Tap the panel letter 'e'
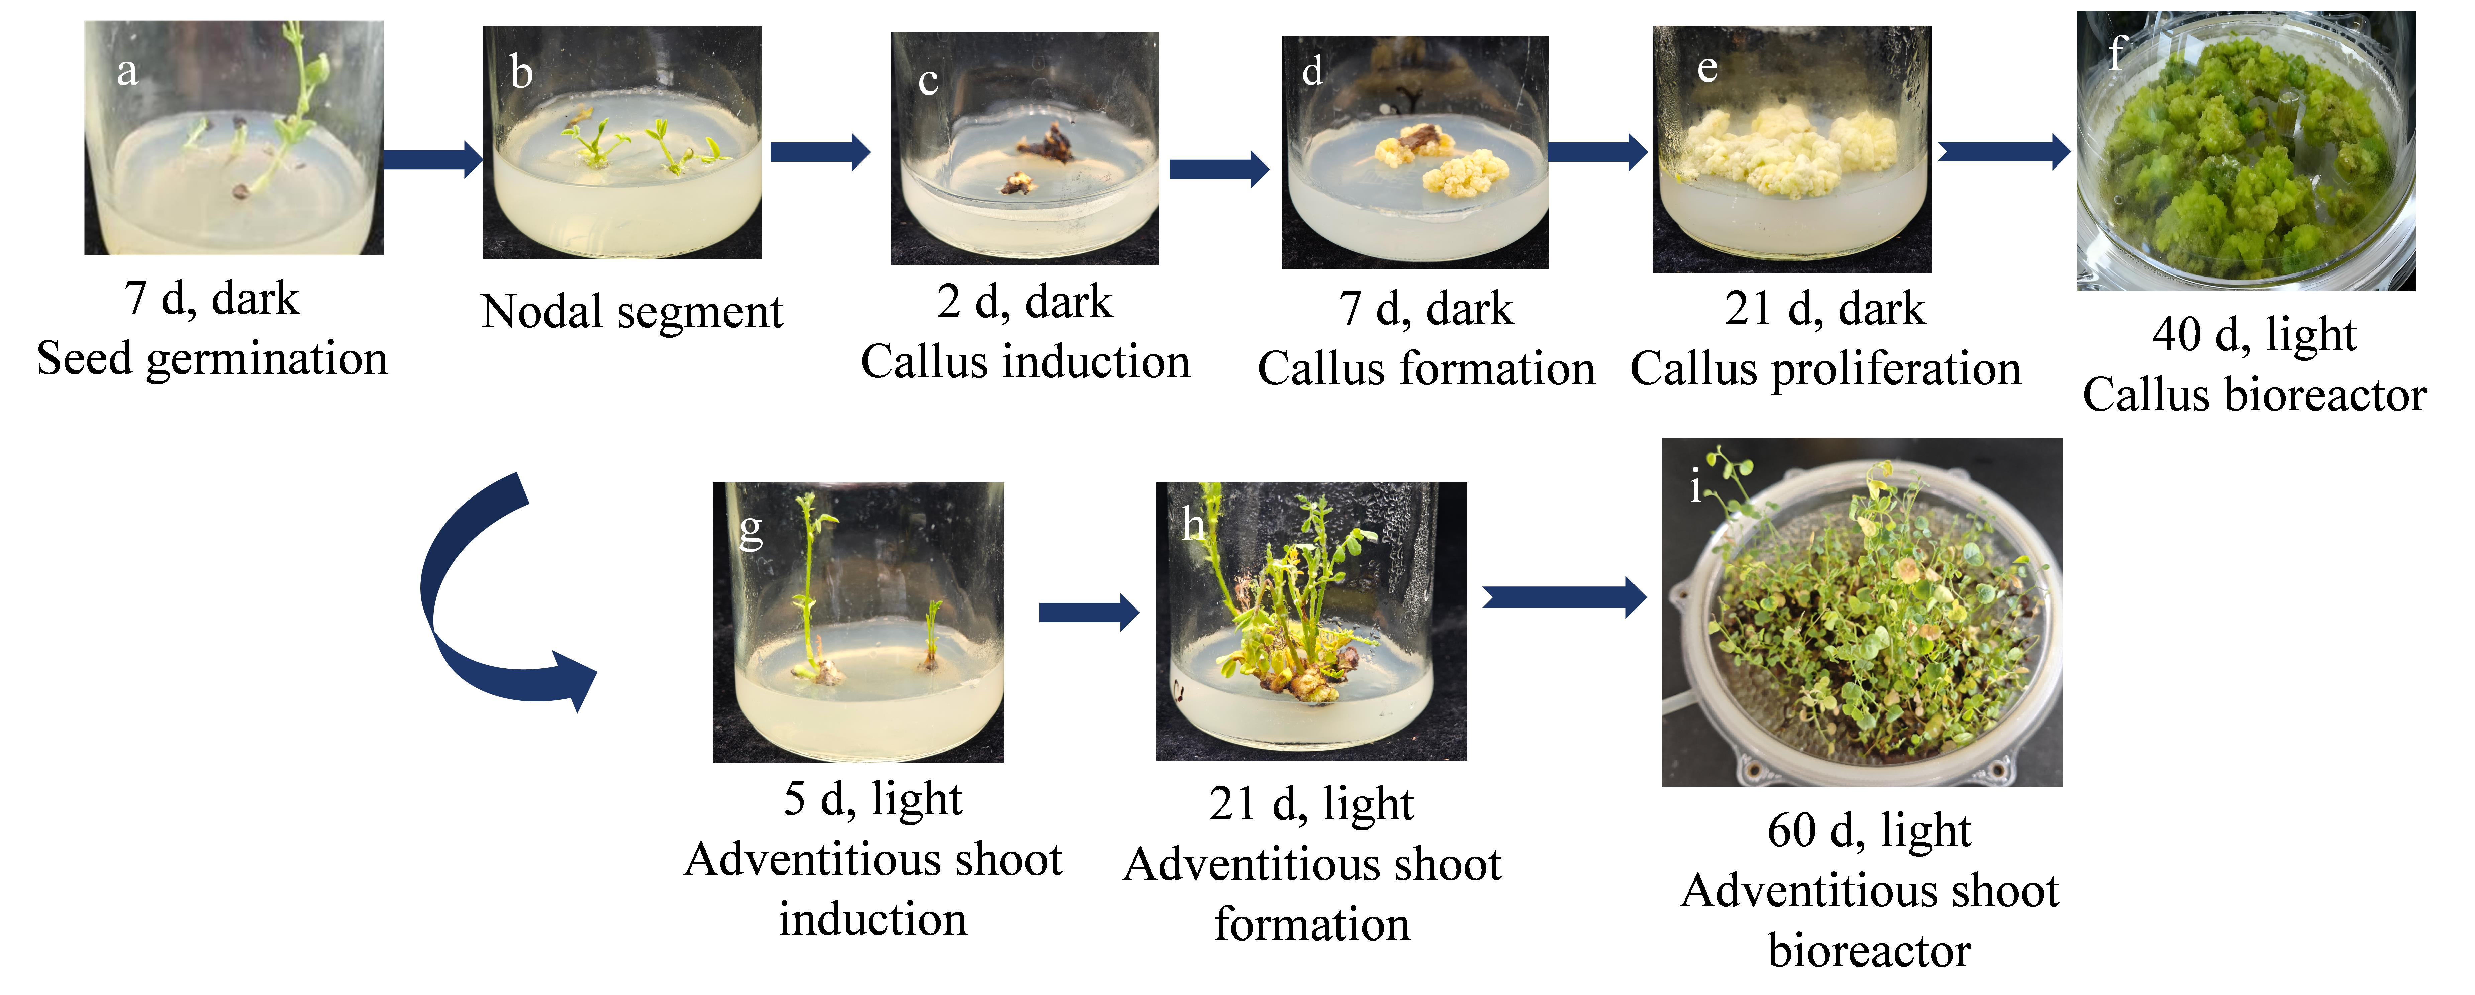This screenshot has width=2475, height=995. coord(1707,68)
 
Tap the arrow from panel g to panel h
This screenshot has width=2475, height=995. coord(1089,612)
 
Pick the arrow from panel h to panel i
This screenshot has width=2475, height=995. coord(1564,597)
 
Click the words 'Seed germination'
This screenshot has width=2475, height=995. coord(212,359)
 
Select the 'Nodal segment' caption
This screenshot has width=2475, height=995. coord(632,312)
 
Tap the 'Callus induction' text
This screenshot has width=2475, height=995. coord(1025,362)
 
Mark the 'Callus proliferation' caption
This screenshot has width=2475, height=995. coord(1825,369)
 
